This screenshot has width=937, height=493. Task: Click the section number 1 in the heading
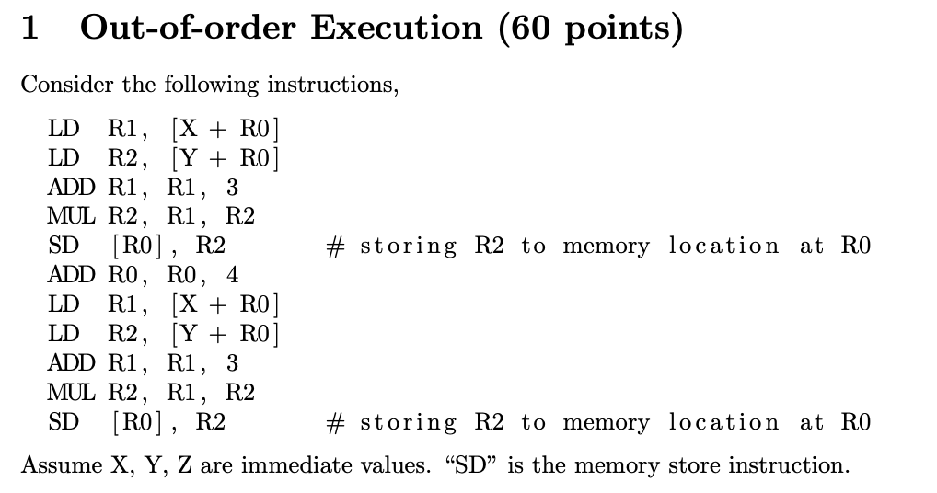pyautogui.click(x=30, y=29)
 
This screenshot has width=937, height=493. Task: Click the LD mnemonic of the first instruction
pyautogui.click(x=63, y=129)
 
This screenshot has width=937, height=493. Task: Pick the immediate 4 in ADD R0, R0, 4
pyautogui.click(x=233, y=275)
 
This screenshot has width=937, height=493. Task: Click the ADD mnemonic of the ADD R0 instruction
pyautogui.click(x=71, y=275)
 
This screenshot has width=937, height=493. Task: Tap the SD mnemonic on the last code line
pyautogui.click(x=63, y=422)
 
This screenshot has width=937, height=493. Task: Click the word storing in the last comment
pyautogui.click(x=409, y=422)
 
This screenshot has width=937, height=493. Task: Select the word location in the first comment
pyautogui.click(x=723, y=246)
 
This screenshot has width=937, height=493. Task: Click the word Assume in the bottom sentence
pyautogui.click(x=62, y=464)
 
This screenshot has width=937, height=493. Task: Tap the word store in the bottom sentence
pyautogui.click(x=692, y=464)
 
